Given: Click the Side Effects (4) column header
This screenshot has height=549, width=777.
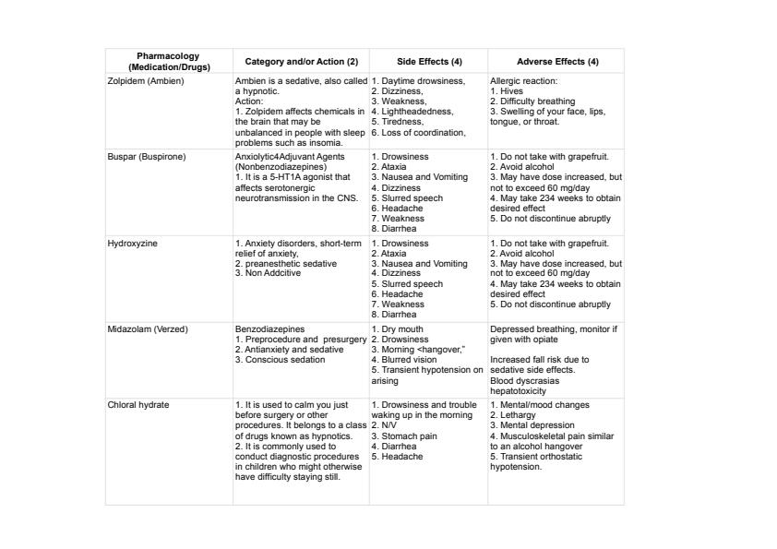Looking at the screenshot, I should (429, 62).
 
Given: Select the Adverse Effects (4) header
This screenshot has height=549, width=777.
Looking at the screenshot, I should (557, 62).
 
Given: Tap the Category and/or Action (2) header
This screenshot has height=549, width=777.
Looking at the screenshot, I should (301, 62).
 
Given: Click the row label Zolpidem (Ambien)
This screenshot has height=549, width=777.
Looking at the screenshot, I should (146, 81).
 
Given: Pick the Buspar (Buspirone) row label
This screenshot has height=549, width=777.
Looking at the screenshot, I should (147, 157).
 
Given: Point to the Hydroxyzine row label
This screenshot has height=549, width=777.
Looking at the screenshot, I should (134, 244).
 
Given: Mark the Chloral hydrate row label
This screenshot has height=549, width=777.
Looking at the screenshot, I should (138, 405).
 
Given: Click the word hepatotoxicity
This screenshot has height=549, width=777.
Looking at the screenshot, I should (525, 390).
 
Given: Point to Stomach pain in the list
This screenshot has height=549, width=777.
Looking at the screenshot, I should (410, 436).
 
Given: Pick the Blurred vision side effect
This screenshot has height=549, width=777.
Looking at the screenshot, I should (409, 360).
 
